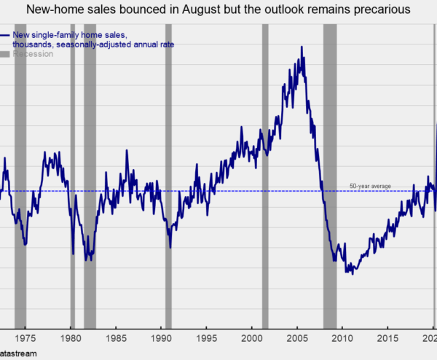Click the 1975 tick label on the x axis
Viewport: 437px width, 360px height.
coord(25,338)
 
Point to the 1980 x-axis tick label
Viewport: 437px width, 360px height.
coord(71,338)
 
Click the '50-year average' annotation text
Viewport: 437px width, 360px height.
coord(370,187)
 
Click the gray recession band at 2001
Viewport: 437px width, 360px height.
coord(265,175)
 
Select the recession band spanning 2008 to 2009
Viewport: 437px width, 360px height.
coord(330,175)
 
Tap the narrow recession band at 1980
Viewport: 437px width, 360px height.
coord(73,175)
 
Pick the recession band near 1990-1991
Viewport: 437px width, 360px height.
coord(168,175)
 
